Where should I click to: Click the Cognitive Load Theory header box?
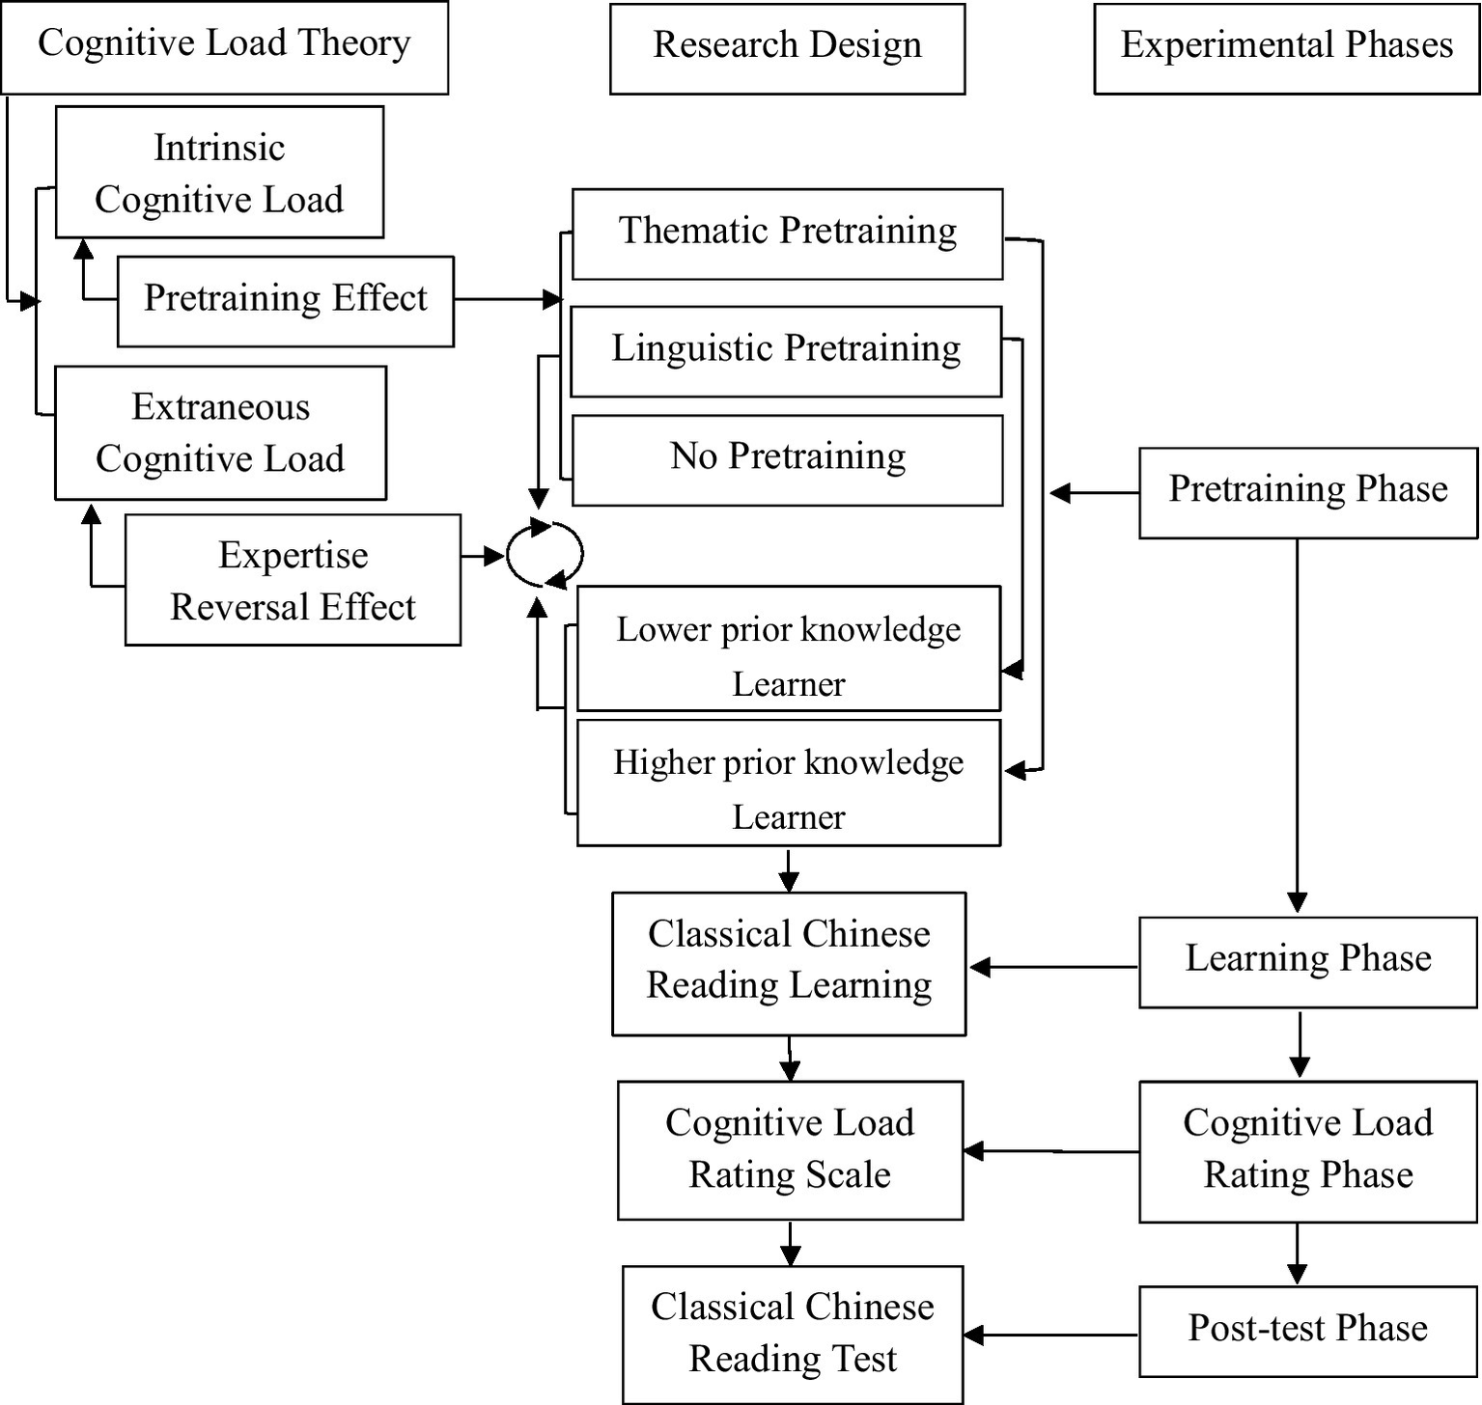tap(224, 47)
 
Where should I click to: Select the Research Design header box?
tap(787, 48)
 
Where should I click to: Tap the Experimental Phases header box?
tap(1286, 48)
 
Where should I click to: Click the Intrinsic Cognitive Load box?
tap(219, 173)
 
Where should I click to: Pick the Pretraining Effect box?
tap(285, 301)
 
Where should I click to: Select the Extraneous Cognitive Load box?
tap(220, 433)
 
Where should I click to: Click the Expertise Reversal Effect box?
tap(293, 580)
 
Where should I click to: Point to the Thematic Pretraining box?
tap(787, 234)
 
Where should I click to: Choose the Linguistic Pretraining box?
tap(786, 351)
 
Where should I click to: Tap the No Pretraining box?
tap(787, 460)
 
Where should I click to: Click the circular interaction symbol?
tap(545, 555)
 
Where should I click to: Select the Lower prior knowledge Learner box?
tap(788, 648)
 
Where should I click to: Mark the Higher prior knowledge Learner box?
tap(788, 783)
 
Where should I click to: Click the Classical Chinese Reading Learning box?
tap(789, 963)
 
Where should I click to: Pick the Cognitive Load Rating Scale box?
tap(790, 1150)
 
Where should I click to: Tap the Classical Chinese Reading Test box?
tap(792, 1335)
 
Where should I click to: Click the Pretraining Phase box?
tap(1307, 492)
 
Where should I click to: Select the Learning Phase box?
tap(1307, 962)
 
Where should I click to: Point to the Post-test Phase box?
tap(1307, 1331)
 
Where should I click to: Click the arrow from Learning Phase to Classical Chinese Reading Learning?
tap(1052, 966)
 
